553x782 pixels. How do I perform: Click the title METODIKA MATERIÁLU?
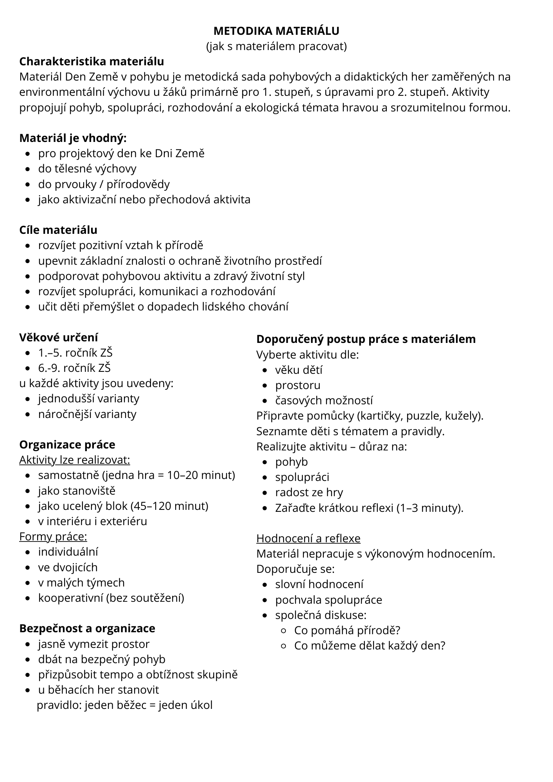276,31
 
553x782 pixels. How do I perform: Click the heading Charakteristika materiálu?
92,61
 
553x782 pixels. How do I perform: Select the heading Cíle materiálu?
58,230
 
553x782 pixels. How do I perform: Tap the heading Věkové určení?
59,337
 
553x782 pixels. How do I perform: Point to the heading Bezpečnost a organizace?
87,628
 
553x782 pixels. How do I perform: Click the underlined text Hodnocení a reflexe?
308,538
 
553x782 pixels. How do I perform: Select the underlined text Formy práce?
53,536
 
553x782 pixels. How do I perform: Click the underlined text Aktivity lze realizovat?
75,460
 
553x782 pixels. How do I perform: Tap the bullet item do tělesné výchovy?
87,169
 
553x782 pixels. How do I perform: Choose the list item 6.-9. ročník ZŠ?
74,368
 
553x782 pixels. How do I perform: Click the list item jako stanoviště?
77,491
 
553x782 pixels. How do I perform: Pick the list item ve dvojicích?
68,567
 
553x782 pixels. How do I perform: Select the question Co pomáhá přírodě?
347,630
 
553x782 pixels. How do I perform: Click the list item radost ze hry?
309,492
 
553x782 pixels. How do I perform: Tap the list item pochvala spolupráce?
329,600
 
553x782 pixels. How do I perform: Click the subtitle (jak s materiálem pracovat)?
276,47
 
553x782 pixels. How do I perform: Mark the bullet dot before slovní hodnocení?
266,585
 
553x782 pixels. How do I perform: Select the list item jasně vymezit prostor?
94,644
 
